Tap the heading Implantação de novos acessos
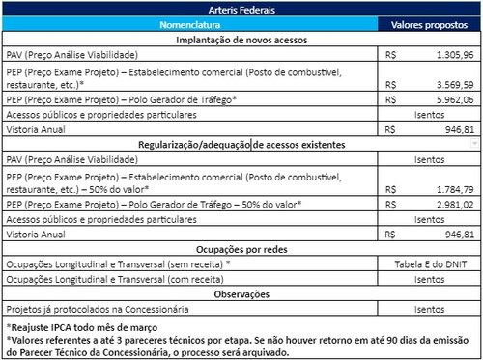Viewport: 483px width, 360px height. click(241, 41)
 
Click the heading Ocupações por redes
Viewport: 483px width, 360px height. click(241, 249)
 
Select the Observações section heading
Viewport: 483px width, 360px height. click(241, 293)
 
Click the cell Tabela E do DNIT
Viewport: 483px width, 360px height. click(429, 263)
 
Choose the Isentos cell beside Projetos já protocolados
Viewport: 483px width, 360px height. click(429, 309)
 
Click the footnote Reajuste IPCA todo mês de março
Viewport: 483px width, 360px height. click(87, 328)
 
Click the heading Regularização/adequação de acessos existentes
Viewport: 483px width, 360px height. click(241, 144)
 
